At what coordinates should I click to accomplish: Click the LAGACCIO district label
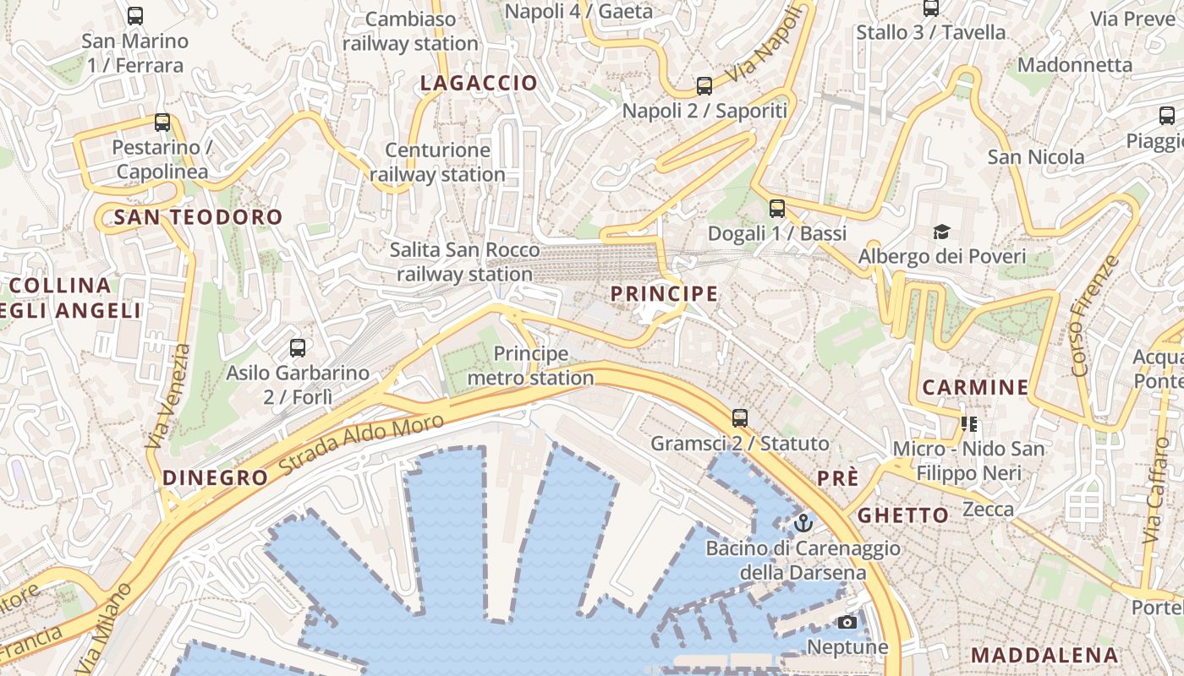point(479,83)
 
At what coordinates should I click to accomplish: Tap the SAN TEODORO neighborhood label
point(198,217)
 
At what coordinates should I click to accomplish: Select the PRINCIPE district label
point(664,294)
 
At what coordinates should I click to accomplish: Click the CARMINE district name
point(975,388)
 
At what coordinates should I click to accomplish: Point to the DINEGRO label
point(215,477)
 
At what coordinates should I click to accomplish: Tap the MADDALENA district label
point(1044,655)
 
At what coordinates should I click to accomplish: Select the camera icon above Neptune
point(847,623)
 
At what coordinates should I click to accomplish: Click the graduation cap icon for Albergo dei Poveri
point(941,232)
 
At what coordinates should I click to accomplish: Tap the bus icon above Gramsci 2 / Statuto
point(740,417)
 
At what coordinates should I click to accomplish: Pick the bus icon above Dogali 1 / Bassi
point(777,208)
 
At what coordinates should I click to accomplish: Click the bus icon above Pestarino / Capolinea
point(162,123)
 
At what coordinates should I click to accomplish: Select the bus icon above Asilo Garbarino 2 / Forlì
point(297,347)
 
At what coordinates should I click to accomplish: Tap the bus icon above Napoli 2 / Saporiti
point(704,85)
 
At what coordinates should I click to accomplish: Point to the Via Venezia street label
point(168,397)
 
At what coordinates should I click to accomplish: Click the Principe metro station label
point(530,366)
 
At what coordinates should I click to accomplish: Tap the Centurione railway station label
point(437,162)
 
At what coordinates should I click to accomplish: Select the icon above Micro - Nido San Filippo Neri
point(968,423)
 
